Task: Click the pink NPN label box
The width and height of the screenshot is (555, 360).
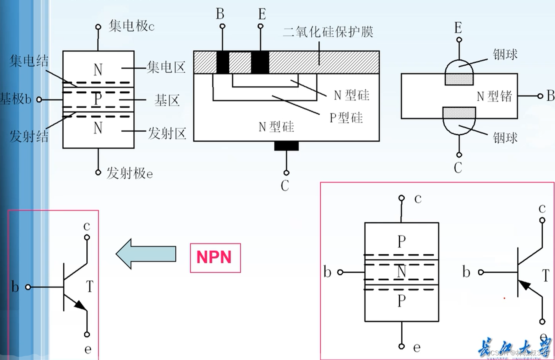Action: (x=215, y=257)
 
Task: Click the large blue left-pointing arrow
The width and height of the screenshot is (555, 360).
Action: (x=146, y=254)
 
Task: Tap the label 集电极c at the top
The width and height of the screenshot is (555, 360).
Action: (x=131, y=26)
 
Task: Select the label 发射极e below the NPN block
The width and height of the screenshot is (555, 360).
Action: (x=130, y=173)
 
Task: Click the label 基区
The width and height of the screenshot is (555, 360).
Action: (x=167, y=100)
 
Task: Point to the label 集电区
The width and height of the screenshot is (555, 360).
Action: (x=166, y=67)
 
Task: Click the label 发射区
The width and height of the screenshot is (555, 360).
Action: (x=167, y=133)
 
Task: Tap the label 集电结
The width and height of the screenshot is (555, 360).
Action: (x=29, y=61)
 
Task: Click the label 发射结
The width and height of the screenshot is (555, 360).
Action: (x=29, y=136)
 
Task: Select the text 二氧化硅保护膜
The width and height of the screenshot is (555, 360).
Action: (x=328, y=31)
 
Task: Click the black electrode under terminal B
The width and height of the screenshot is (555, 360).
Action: (x=222, y=62)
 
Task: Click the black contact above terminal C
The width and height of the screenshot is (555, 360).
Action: (x=286, y=146)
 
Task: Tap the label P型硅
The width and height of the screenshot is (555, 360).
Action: (x=346, y=117)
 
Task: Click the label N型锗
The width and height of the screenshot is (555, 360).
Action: (x=494, y=96)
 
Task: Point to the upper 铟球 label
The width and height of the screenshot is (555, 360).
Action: (x=505, y=54)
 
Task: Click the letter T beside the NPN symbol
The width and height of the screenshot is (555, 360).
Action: (x=90, y=287)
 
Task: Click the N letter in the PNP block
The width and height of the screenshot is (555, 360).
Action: (x=401, y=271)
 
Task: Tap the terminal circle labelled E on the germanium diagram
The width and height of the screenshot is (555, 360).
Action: (x=459, y=40)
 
